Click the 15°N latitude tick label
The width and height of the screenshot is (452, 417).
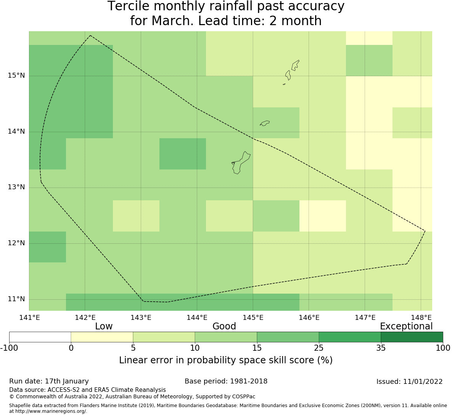16,75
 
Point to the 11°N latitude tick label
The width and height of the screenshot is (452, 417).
16,299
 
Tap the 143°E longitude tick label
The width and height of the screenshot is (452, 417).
141,318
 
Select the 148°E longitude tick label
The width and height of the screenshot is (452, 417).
421,318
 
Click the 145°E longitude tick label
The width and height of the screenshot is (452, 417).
253,318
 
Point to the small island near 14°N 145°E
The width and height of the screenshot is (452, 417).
265,123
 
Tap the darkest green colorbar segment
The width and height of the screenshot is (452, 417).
412,337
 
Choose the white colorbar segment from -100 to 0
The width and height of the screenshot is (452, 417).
40,337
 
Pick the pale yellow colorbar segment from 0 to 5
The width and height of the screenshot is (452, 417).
102,337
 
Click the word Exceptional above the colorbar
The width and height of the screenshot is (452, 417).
406,326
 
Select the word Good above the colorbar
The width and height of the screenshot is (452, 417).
224,326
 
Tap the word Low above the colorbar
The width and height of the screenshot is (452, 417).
104,326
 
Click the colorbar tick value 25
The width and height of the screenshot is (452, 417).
318,348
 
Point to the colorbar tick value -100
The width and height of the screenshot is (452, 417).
9,348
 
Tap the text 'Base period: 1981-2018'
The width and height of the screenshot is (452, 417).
226,381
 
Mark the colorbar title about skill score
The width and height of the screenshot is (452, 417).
226,360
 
